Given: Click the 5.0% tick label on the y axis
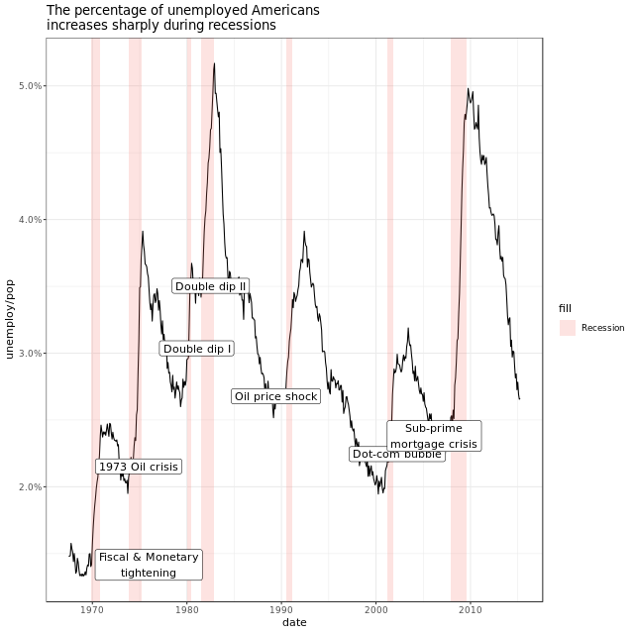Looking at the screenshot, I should [x=30, y=86].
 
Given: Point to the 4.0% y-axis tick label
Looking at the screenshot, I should [x=30, y=220].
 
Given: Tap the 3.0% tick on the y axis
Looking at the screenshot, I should [x=30, y=354].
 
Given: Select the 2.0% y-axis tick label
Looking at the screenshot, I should [x=30, y=487].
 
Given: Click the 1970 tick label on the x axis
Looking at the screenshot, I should [x=92, y=610].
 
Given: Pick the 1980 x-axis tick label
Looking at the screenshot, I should [x=187, y=610].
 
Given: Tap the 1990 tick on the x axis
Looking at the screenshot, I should [x=281, y=610].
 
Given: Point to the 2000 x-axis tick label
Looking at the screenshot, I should [x=376, y=610].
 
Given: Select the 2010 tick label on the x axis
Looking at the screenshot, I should [x=471, y=610].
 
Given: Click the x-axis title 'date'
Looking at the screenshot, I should [x=294, y=623].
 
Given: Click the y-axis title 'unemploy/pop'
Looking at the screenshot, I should [x=10, y=319].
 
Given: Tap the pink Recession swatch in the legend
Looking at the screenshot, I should [x=568, y=328].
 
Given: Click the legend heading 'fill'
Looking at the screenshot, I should [x=565, y=308].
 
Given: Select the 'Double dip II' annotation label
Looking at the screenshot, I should [x=210, y=286].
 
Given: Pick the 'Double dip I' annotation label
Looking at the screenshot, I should [x=197, y=349].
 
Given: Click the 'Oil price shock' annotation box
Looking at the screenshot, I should [x=276, y=396].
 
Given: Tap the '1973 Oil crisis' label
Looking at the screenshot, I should [x=139, y=467].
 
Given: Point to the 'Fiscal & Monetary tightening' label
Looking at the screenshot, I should [x=149, y=565].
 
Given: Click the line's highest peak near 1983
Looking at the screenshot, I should [x=213, y=64].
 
